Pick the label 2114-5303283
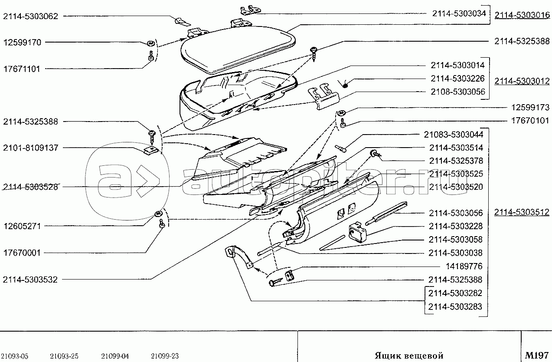pos(455,306)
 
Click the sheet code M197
pos(537,355)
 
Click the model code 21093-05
pos(15,356)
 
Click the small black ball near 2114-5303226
pos(345,84)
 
